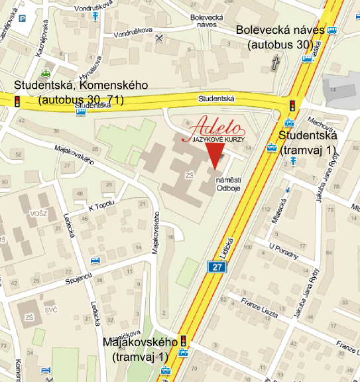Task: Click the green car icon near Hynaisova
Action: point(45,74)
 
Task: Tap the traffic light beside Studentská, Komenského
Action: point(18,101)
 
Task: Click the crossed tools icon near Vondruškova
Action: point(159,38)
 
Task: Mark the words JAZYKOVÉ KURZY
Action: point(217,141)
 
